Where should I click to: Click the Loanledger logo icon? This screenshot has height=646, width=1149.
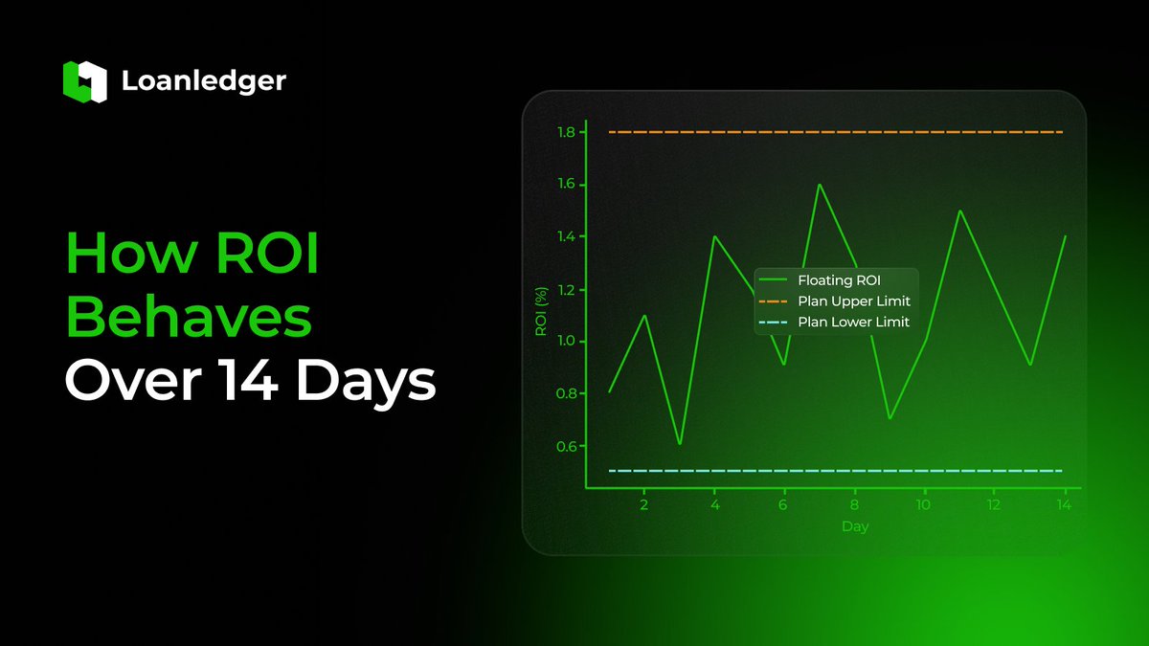pyautogui.click(x=83, y=80)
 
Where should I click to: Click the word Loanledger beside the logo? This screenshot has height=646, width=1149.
pyautogui.click(x=203, y=81)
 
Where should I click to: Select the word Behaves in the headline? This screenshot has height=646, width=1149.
pyautogui.click(x=189, y=318)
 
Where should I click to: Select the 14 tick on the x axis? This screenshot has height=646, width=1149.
pyautogui.click(x=1063, y=504)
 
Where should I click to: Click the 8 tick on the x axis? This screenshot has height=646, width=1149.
pyautogui.click(x=854, y=504)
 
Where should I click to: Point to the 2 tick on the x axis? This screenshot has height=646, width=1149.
pyautogui.click(x=644, y=504)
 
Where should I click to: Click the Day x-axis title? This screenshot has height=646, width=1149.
pyautogui.click(x=854, y=526)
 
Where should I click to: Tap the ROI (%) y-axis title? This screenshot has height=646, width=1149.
pyautogui.click(x=540, y=311)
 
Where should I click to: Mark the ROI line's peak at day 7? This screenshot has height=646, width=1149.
pyautogui.click(x=820, y=184)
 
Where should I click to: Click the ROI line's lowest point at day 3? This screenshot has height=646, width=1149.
pyautogui.click(x=680, y=444)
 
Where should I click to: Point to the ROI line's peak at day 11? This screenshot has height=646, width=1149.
pyautogui.click(x=959, y=211)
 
